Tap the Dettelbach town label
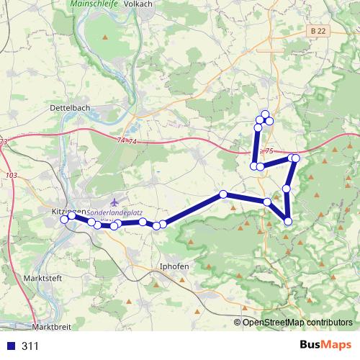pos(71,107)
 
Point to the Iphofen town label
pos(174,266)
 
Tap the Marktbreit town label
pos(53,326)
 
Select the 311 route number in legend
pos(30,346)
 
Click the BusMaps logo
pos(322,345)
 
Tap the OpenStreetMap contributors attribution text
pos(297,322)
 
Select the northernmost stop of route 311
pos(265,114)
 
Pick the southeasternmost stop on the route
pos(288,221)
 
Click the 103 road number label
pos(10,175)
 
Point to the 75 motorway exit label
pos(269,151)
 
